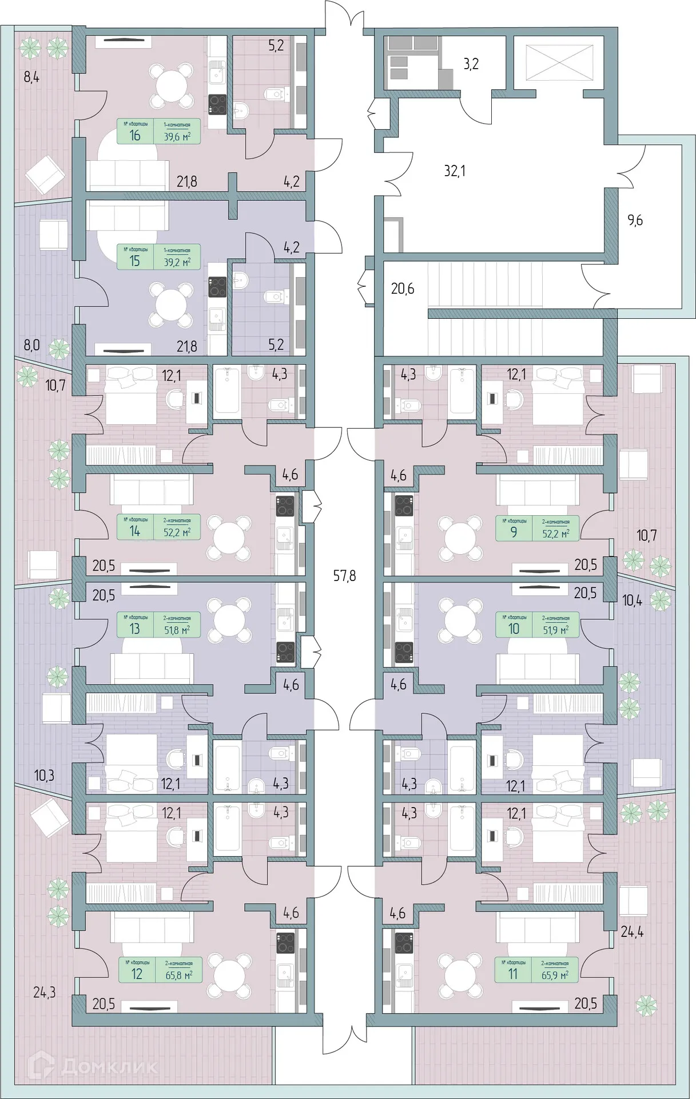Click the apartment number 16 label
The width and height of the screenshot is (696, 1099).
pos(135,136)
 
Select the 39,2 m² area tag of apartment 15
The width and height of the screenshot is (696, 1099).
pos(177,262)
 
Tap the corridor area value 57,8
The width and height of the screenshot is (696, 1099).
pos(344,575)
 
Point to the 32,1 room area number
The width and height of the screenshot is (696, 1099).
pos(454,171)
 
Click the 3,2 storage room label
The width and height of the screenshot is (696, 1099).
pos(470,64)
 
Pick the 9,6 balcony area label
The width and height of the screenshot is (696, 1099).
pos(635,220)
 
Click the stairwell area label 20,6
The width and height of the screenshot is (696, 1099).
pos(402,288)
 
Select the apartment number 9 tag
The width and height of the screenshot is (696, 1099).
pos(514,532)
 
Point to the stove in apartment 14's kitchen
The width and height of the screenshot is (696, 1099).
pos(285,505)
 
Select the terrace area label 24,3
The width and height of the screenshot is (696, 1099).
pos(44,992)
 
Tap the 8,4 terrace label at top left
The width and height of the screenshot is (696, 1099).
pos(31,77)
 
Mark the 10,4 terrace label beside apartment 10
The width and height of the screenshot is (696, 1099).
pos(632,600)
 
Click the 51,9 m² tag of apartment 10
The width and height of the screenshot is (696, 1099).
pos(555,630)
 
